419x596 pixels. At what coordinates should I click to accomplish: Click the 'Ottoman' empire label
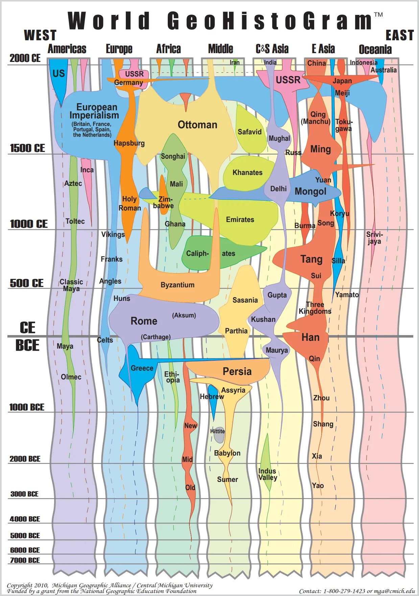197,125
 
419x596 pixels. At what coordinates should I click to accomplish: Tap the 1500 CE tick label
27,148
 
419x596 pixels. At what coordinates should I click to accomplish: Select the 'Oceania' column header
375,49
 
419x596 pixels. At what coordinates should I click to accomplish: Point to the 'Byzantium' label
178,285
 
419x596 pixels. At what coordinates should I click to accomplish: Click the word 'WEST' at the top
40,35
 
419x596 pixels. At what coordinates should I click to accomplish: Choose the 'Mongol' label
310,192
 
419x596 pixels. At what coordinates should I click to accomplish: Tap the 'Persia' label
237,372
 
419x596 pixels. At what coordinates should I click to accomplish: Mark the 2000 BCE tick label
25,459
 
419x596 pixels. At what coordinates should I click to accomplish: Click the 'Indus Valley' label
267,474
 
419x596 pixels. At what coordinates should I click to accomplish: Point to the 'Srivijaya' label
374,238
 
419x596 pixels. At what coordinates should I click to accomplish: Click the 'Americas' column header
67,49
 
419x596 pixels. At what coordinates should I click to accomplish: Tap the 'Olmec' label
71,377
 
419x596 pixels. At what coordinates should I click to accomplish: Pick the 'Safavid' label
250,132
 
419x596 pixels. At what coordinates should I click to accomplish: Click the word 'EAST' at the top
399,35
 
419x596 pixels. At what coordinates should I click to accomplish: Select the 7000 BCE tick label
25,560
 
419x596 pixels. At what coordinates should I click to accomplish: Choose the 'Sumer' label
227,480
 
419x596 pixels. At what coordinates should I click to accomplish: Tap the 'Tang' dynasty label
311,259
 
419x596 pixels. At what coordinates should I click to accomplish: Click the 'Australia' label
383,70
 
